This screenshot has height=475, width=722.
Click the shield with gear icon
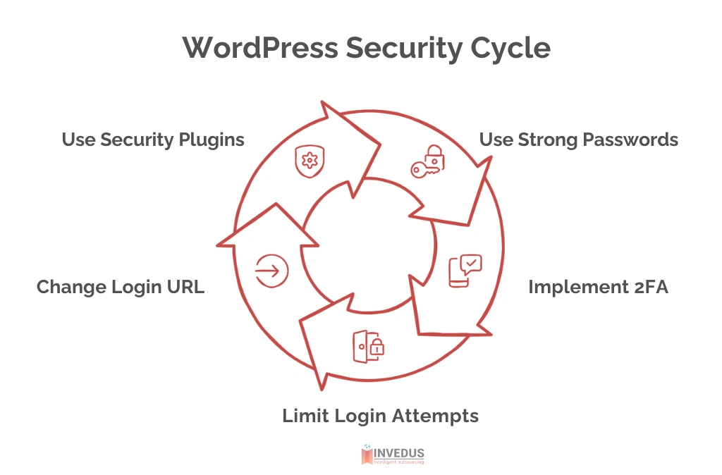coord(308,161)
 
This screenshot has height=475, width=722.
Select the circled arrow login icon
coord(271,270)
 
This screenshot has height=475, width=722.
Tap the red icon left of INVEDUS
coord(367,455)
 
